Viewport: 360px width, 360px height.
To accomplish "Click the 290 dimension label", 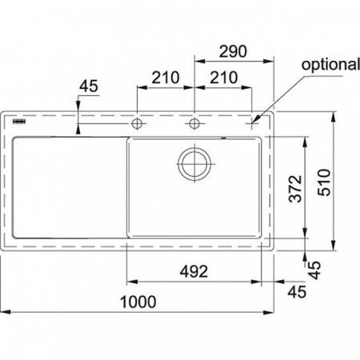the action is [x=233, y=51].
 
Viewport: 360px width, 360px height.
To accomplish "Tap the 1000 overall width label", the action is [x=138, y=302].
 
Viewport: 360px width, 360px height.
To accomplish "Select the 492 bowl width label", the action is [x=194, y=272].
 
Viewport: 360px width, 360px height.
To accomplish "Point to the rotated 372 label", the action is [x=295, y=189].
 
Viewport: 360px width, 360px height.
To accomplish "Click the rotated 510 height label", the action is [x=324, y=182].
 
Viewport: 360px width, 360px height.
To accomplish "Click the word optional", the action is [x=330, y=65].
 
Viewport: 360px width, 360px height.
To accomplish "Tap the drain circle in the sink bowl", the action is [x=194, y=164].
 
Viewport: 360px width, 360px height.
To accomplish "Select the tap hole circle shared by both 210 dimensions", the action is [x=194, y=123].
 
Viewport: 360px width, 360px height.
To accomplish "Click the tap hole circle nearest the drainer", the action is [x=137, y=123].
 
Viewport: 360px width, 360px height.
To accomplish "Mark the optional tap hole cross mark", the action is [x=252, y=123].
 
